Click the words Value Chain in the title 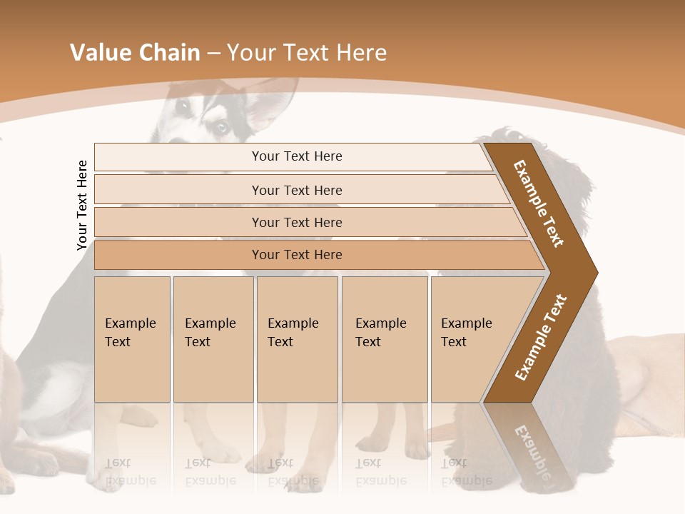135,53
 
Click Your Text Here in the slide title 307,53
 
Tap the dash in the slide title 213,54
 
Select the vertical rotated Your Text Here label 82,205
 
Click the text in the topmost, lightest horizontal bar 297,156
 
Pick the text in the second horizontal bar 297,191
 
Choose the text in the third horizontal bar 297,223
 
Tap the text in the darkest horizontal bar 297,255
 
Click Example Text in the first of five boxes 130,333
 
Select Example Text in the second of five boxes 210,333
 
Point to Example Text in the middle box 293,333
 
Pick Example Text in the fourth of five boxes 380,333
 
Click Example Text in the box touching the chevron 466,333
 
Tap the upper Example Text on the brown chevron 539,203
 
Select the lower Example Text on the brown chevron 541,338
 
